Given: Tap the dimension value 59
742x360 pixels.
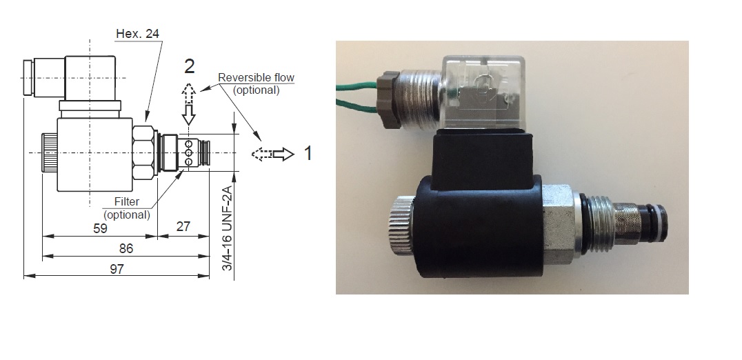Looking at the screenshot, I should (x=100, y=228).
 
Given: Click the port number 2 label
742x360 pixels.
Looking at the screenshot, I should (x=189, y=67).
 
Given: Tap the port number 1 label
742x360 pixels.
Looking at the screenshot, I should (x=308, y=153).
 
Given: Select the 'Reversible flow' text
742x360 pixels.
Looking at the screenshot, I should (x=256, y=78).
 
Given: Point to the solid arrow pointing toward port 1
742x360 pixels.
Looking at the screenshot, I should (x=283, y=154).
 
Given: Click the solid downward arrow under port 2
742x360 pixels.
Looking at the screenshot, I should (x=190, y=113).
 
